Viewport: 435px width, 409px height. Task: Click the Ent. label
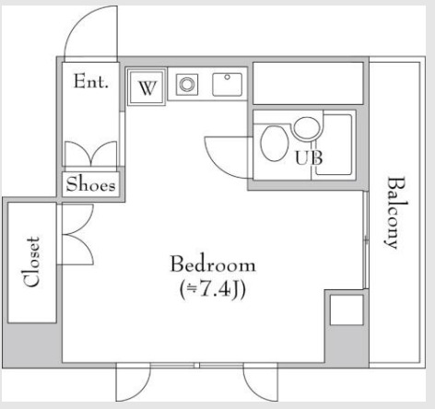tap(91, 81)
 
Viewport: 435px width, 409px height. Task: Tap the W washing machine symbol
tap(147, 88)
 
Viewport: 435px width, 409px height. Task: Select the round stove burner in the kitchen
tap(187, 84)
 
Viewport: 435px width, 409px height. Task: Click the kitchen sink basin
tap(227, 84)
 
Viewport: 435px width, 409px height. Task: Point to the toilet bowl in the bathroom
tap(274, 143)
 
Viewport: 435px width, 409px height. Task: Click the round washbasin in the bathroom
tap(307, 128)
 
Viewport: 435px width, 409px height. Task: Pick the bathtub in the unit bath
tap(334, 145)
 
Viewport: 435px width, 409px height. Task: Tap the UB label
tap(309, 158)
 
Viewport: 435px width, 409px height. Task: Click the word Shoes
tap(90, 184)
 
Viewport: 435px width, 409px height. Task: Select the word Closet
tap(32, 262)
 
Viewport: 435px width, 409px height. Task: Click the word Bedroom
tap(213, 264)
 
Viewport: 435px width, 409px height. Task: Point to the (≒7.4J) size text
tap(213, 289)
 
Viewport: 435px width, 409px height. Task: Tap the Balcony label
tap(395, 213)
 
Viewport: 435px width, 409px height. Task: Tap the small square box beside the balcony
tap(347, 310)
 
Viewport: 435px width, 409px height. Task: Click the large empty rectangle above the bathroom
tap(308, 83)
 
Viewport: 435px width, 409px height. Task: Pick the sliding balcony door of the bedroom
tap(366, 240)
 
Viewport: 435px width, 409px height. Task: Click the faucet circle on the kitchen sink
tap(227, 77)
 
